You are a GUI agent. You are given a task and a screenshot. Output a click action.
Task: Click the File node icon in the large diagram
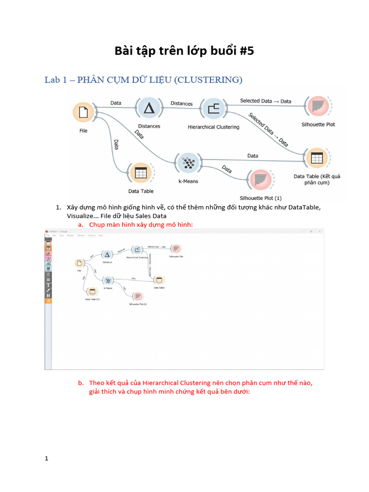tap(84, 112)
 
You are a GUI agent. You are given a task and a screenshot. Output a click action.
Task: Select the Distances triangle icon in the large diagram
tap(149, 108)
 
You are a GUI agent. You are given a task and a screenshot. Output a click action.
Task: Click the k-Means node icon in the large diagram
tap(189, 163)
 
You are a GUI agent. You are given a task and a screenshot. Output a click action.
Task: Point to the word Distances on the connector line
tap(182, 103)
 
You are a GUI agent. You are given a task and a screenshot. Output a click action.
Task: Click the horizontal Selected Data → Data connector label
tap(265, 101)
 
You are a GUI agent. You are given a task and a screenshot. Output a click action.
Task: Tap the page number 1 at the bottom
tap(47, 459)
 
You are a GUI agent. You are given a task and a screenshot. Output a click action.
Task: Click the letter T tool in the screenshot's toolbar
tap(48, 284)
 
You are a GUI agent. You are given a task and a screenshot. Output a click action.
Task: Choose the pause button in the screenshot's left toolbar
tap(48, 295)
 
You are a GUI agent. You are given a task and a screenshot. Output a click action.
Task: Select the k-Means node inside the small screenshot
tap(109, 281)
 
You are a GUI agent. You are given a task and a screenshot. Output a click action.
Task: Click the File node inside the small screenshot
tap(79, 263)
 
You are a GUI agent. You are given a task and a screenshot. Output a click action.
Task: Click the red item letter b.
tap(80, 383)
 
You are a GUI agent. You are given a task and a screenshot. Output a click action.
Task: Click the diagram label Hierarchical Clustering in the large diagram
tap(213, 127)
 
